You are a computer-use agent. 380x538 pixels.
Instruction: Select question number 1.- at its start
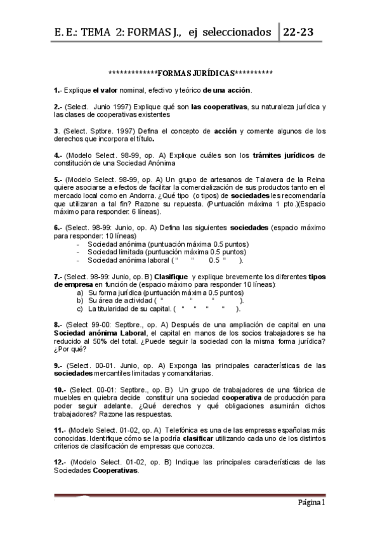click(x=58, y=89)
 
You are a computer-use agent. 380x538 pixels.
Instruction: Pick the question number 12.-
click(x=60, y=463)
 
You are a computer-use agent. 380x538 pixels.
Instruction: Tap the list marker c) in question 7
click(x=81, y=309)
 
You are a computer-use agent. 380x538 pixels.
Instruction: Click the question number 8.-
click(x=58, y=324)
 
